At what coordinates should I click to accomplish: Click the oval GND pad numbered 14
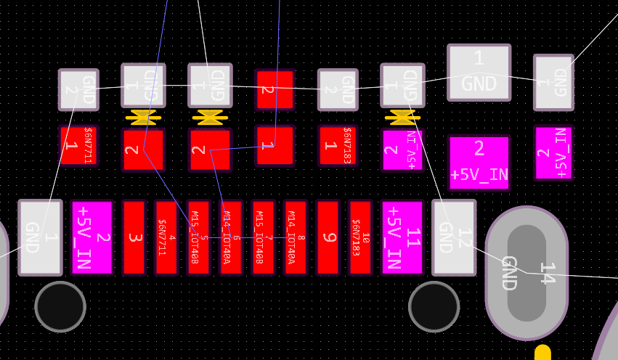(526, 273)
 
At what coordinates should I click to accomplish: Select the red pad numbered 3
(134, 237)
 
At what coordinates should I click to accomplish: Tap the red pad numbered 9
(328, 237)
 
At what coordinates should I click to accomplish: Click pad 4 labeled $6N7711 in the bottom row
(166, 237)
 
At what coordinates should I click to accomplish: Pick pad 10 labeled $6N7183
(360, 237)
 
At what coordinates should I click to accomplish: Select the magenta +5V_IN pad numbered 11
(402, 237)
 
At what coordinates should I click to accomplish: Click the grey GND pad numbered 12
(454, 237)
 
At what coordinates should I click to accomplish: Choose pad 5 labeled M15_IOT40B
(198, 237)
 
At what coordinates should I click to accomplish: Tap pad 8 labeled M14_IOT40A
(296, 237)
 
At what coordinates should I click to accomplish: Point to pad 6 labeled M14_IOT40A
(231, 237)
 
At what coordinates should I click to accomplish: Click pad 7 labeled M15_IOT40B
(263, 237)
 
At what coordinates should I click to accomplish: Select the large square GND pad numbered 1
(479, 72)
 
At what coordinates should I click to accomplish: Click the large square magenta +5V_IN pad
(479, 162)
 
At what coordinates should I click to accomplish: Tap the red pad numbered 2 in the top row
(275, 89)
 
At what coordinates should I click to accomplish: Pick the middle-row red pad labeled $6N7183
(338, 145)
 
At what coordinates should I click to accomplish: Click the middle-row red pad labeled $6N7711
(78, 145)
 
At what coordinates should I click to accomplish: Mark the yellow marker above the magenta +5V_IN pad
(402, 115)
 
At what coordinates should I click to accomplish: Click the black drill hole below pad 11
(434, 306)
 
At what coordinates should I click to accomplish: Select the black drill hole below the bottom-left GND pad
(60, 306)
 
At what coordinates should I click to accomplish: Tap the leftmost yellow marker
(143, 115)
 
